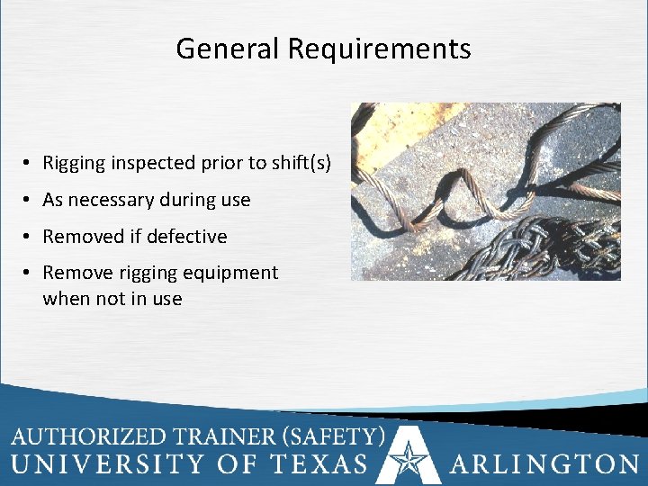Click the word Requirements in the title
point(379,49)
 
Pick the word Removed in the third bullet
point(83,237)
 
